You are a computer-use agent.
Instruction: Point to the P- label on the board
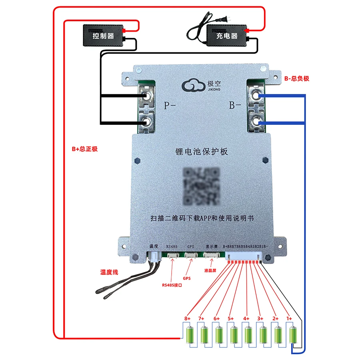pos(170,106)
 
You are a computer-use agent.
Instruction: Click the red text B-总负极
pos(296,79)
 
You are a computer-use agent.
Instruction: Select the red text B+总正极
pos(84,149)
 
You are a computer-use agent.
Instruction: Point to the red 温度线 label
pos(109,272)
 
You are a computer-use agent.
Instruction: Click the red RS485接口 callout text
pos(172,285)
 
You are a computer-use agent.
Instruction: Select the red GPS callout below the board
pos(186,277)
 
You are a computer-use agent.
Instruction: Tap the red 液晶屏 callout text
pos(210,271)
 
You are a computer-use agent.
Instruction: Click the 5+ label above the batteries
pos(231,318)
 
